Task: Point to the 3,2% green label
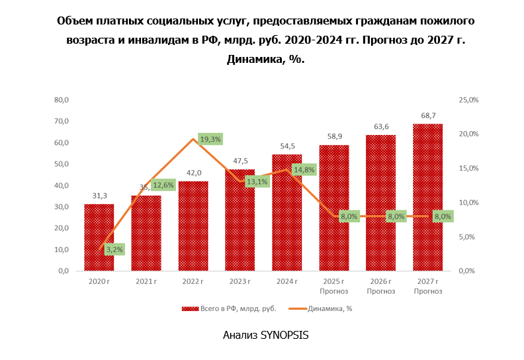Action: pos(114,249)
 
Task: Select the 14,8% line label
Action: pos(303,169)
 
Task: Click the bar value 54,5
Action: pos(287,146)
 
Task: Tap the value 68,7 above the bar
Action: pos(427,115)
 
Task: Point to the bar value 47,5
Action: pos(240,161)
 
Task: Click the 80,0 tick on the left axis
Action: pos(62,100)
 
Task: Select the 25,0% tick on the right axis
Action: pos(468,100)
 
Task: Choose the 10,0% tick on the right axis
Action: pos(468,202)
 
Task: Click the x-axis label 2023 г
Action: pos(240,282)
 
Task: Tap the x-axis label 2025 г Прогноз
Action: pos(333,286)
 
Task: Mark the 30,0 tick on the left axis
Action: pos(62,206)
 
